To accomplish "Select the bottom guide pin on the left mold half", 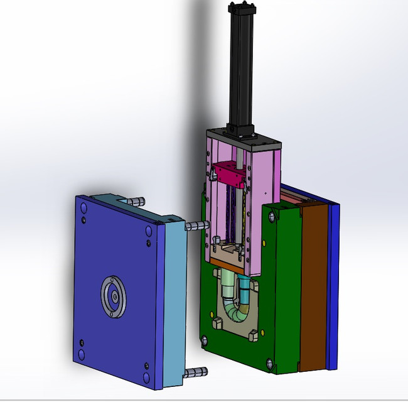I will (x=197, y=372).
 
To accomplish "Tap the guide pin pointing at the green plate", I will (x=198, y=225).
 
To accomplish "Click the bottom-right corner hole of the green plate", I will (x=270, y=363).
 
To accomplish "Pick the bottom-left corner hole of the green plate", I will (x=205, y=342).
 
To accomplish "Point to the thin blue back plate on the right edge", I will (x=333, y=283).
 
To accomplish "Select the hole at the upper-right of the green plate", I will (x=271, y=217).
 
